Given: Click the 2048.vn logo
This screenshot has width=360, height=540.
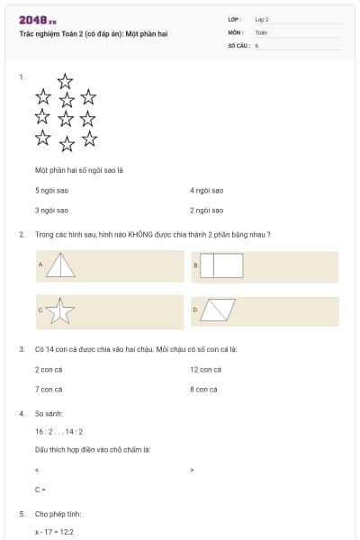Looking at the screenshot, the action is click(38, 20).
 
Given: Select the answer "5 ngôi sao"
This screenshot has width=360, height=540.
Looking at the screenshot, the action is click(51, 191).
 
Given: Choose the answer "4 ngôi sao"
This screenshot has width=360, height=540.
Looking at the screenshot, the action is click(207, 191).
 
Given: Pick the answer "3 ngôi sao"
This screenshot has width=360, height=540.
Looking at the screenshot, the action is click(51, 210).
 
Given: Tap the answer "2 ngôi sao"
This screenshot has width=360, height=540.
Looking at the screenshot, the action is click(207, 210).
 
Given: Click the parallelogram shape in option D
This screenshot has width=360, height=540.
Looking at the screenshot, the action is click(218, 310).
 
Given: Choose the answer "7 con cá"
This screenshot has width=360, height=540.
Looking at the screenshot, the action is click(49, 390).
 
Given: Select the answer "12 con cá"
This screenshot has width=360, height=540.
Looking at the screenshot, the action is click(205, 370).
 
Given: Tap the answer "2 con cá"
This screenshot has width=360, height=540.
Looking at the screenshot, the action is click(49, 370).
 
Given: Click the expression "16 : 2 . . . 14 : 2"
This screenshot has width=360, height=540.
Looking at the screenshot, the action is click(58, 432).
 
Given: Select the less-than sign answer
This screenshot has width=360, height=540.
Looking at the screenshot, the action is click(37, 470).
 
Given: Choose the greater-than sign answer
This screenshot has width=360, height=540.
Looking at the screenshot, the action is click(193, 470).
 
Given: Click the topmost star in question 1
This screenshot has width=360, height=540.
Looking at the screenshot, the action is click(65, 80).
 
